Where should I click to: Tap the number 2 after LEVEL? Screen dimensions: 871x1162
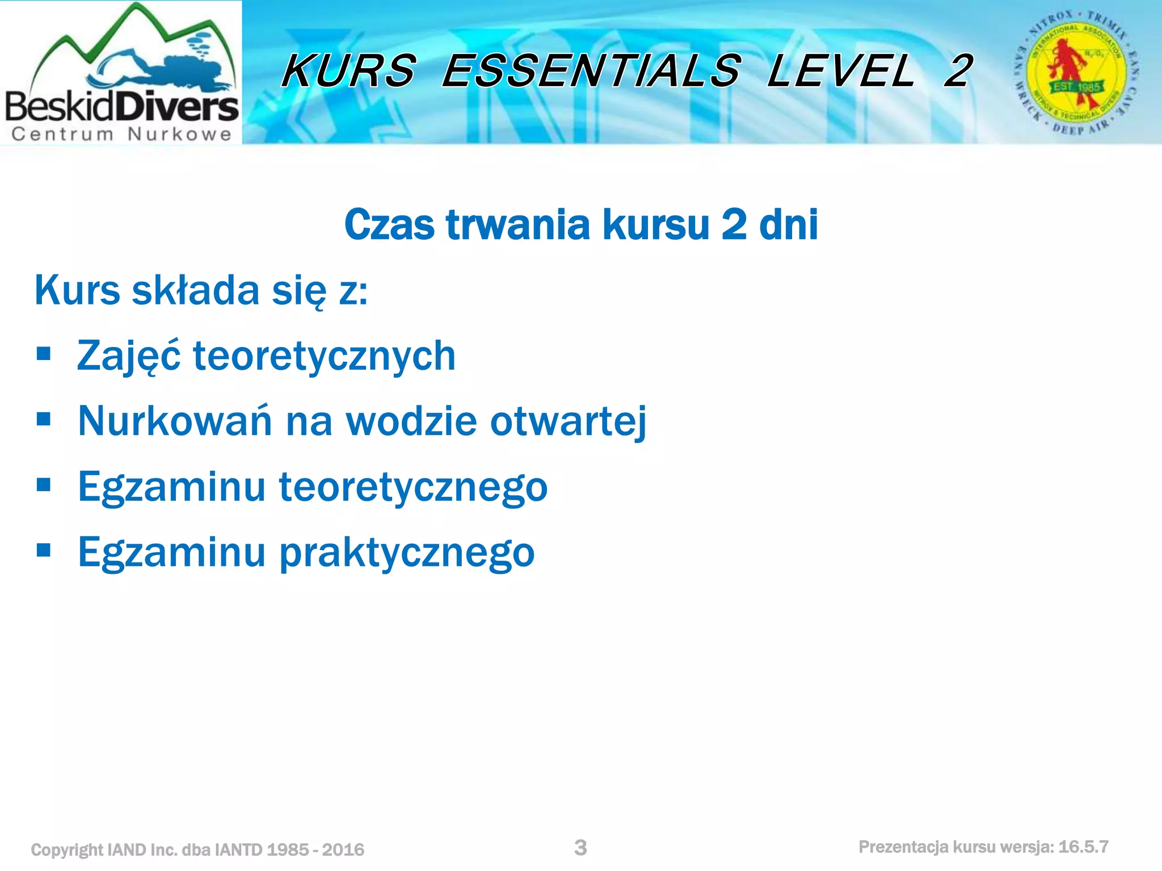click(x=958, y=71)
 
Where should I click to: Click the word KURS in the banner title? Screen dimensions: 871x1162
click(x=349, y=71)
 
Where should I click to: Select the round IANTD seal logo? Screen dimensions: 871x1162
click(x=1076, y=73)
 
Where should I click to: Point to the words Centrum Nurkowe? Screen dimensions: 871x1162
click(x=121, y=134)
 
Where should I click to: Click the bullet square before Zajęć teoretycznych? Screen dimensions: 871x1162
click(x=43, y=354)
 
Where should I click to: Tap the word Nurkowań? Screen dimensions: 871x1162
click(x=175, y=421)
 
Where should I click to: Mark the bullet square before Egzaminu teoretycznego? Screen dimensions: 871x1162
click(x=43, y=485)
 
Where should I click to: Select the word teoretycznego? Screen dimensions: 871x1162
click(x=413, y=488)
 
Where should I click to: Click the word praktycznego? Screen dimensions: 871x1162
click(x=407, y=553)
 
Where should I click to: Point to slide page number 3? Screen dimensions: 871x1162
click(x=580, y=848)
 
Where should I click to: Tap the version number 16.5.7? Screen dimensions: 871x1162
click(x=1083, y=847)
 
